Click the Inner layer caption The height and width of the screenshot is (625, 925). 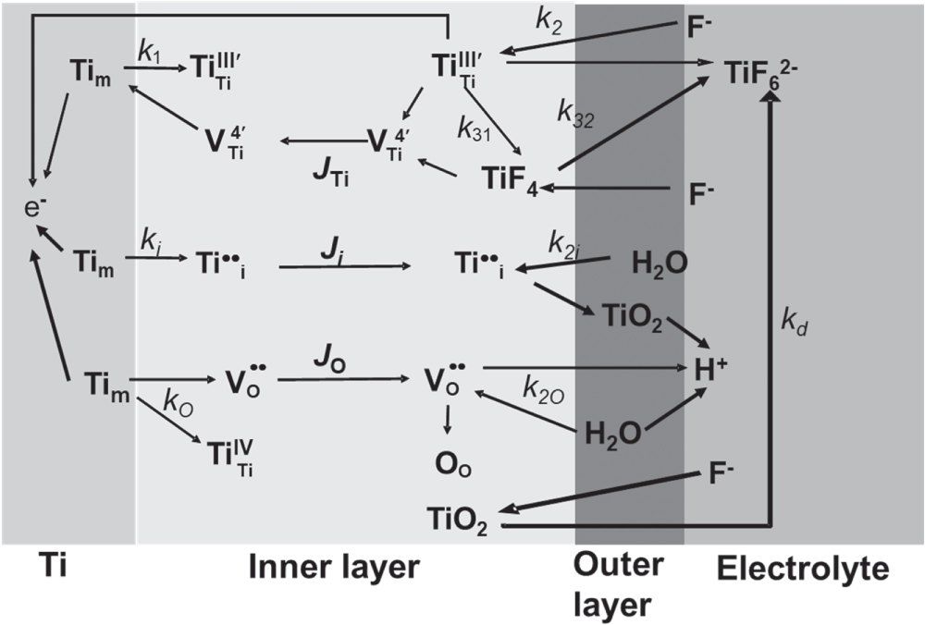coord(334,568)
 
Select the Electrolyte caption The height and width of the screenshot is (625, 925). coord(803,569)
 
